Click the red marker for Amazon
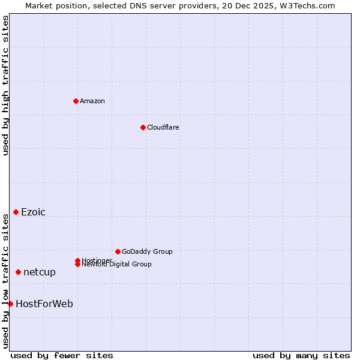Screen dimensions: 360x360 click(76, 101)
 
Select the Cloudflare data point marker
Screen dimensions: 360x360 click(143, 127)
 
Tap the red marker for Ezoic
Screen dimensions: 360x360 click(16, 212)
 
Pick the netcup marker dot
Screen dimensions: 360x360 click(18, 272)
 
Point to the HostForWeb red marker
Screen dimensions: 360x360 click(10, 304)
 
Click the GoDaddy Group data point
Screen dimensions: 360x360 click(118, 251)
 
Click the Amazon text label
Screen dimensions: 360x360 click(92, 101)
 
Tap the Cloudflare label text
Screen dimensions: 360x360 click(163, 127)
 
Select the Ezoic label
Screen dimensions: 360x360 click(33, 212)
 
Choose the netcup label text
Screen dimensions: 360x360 click(40, 272)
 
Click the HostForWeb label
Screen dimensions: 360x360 click(44, 304)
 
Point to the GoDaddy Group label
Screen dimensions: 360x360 click(147, 251)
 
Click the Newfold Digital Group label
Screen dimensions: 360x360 click(116, 265)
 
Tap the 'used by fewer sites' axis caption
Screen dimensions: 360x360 click(62, 355)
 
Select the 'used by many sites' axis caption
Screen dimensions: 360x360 click(301, 355)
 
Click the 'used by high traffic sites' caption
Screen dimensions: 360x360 click(5, 85)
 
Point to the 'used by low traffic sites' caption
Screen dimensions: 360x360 click(5, 281)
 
